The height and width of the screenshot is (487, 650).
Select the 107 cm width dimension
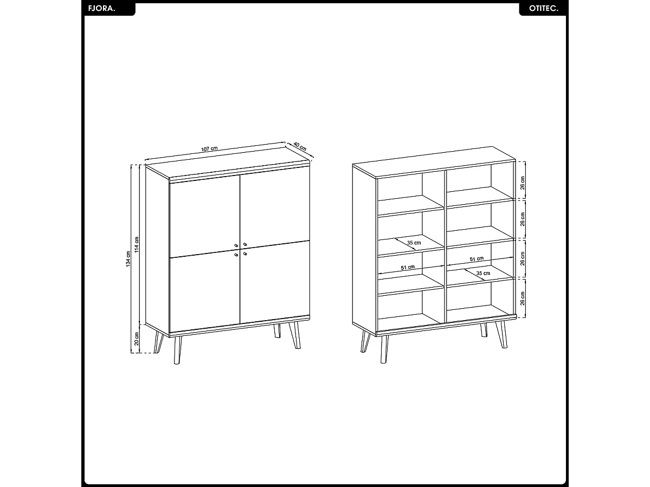[209, 148]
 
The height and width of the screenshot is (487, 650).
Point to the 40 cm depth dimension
[300, 147]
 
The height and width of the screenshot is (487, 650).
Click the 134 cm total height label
[128, 259]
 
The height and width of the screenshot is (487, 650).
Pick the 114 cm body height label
[137, 245]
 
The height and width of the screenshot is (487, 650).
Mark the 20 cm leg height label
[137, 339]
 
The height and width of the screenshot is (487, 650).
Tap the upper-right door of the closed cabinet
[274, 209]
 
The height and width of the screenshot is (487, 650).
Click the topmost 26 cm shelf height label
[523, 182]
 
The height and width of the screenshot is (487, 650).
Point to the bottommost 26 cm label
[523, 298]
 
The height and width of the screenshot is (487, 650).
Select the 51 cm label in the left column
[408, 267]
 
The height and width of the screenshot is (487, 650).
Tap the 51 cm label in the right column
[477, 259]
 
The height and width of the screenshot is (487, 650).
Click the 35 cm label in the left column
[414, 243]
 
